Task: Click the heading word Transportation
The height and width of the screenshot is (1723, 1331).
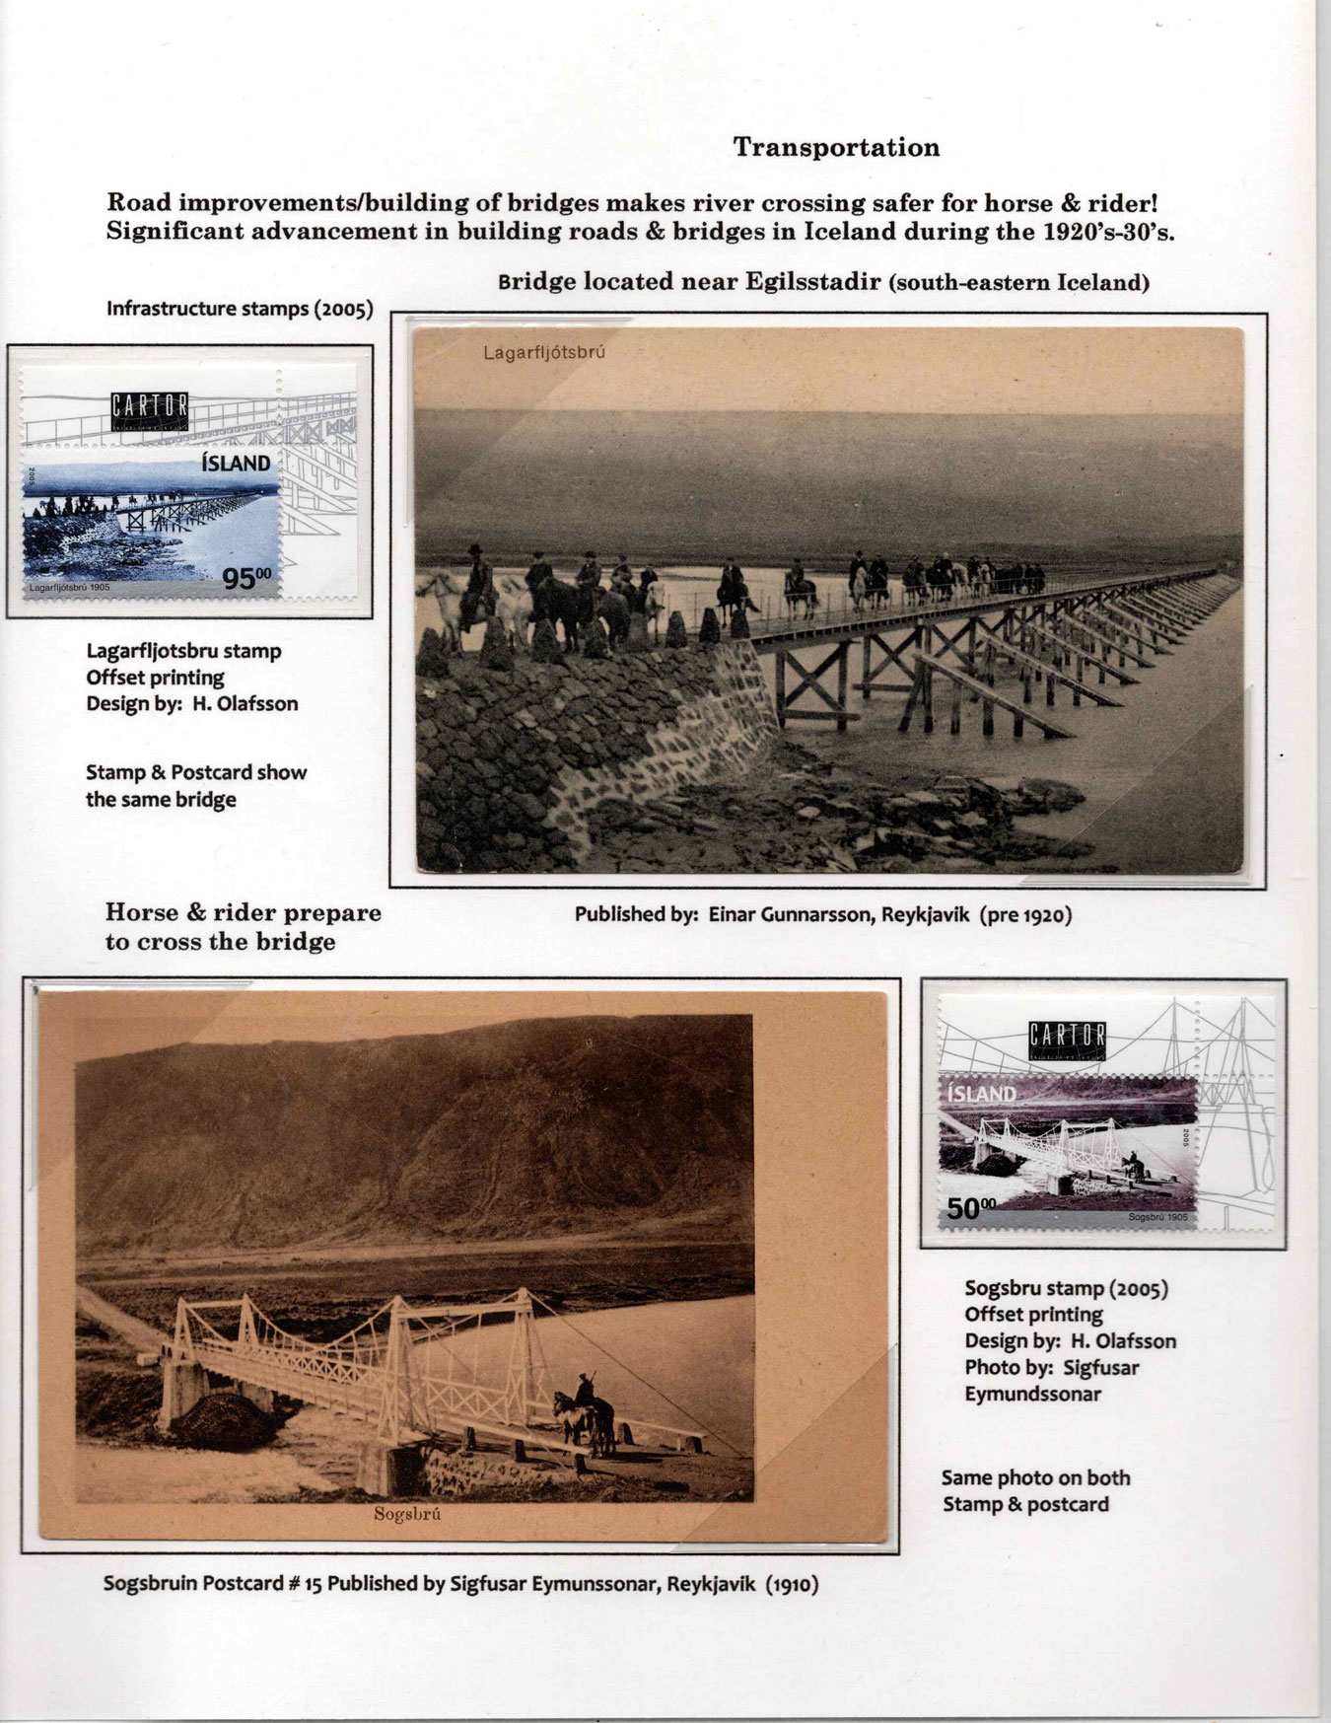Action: pos(836,148)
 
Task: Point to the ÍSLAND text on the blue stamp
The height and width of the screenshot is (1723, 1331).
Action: pos(236,464)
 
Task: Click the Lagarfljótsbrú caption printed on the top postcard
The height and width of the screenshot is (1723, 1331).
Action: pos(543,352)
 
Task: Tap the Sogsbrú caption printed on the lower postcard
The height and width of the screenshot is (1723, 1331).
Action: pos(406,1515)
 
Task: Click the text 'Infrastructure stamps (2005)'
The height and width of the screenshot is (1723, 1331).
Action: pos(240,309)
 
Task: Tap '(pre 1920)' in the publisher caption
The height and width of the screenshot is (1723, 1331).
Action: pos(1025,914)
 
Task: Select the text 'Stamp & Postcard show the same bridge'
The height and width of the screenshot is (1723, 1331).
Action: pos(195,786)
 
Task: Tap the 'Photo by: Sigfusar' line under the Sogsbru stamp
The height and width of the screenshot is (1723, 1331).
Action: pos(1051,1368)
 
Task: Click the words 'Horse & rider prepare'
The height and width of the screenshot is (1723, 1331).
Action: pos(243,912)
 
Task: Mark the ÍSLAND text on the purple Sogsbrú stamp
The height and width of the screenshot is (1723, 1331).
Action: pos(981,1094)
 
